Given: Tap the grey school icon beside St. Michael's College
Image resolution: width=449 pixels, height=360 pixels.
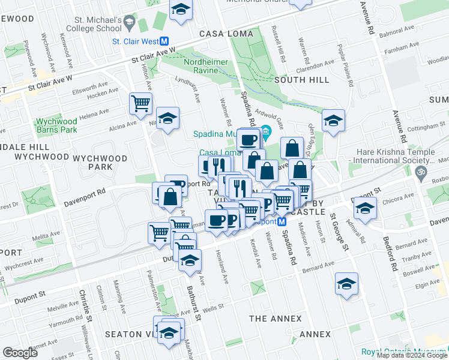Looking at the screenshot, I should (x=128, y=25).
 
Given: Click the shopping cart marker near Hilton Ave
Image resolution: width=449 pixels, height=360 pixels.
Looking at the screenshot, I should (x=140, y=103).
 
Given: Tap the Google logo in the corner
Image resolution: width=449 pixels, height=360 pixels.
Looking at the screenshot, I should (x=20, y=353).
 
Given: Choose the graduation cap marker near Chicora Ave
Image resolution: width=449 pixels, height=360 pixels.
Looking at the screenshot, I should (x=364, y=208).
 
